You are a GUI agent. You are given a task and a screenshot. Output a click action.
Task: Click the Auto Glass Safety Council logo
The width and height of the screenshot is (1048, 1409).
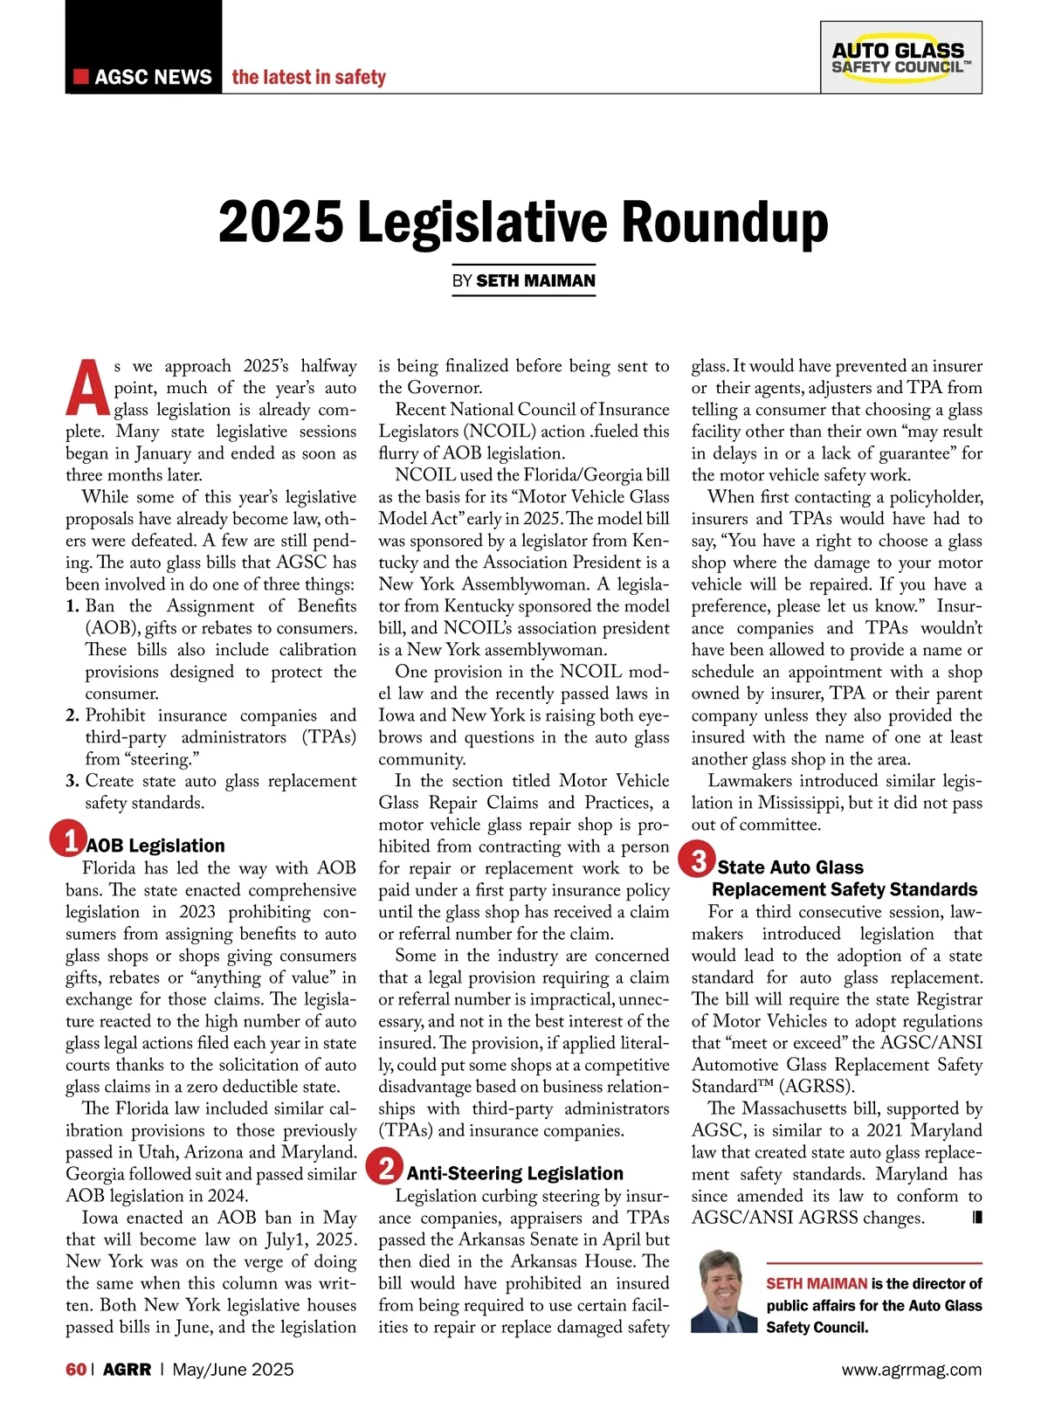900,58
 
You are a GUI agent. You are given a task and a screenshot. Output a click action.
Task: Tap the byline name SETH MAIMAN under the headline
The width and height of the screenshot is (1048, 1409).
535,280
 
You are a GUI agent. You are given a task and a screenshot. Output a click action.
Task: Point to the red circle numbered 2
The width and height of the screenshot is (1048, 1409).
385,1167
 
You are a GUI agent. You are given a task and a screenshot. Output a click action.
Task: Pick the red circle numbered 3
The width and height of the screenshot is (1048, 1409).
699,860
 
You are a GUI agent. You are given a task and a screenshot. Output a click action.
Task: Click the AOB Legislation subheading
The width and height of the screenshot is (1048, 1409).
155,846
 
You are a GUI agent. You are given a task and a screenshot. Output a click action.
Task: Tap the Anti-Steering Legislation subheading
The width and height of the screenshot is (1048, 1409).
514,1173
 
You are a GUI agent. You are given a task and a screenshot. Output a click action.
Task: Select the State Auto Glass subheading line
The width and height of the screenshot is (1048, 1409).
790,867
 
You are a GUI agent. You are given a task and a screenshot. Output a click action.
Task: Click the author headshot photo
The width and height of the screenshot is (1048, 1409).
724,1291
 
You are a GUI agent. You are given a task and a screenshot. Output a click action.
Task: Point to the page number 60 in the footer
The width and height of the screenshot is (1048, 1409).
76,1369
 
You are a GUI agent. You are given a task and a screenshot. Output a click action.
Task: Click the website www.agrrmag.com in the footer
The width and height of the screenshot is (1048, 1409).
911,1370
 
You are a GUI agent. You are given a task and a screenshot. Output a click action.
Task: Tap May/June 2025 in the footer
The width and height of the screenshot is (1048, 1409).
233,1369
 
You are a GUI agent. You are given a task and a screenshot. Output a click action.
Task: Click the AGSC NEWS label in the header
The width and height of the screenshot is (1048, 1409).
153,77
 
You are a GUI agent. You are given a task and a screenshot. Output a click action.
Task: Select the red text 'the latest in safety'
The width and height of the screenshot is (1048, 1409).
308,77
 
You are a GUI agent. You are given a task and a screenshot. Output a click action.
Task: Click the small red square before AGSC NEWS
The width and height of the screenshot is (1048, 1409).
81,76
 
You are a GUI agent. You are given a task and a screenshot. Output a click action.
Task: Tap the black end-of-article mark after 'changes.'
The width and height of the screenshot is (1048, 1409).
976,1217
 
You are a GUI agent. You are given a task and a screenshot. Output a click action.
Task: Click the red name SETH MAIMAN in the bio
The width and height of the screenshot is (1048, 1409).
817,1283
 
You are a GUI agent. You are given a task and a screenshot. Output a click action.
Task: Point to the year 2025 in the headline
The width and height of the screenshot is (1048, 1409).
280,223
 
